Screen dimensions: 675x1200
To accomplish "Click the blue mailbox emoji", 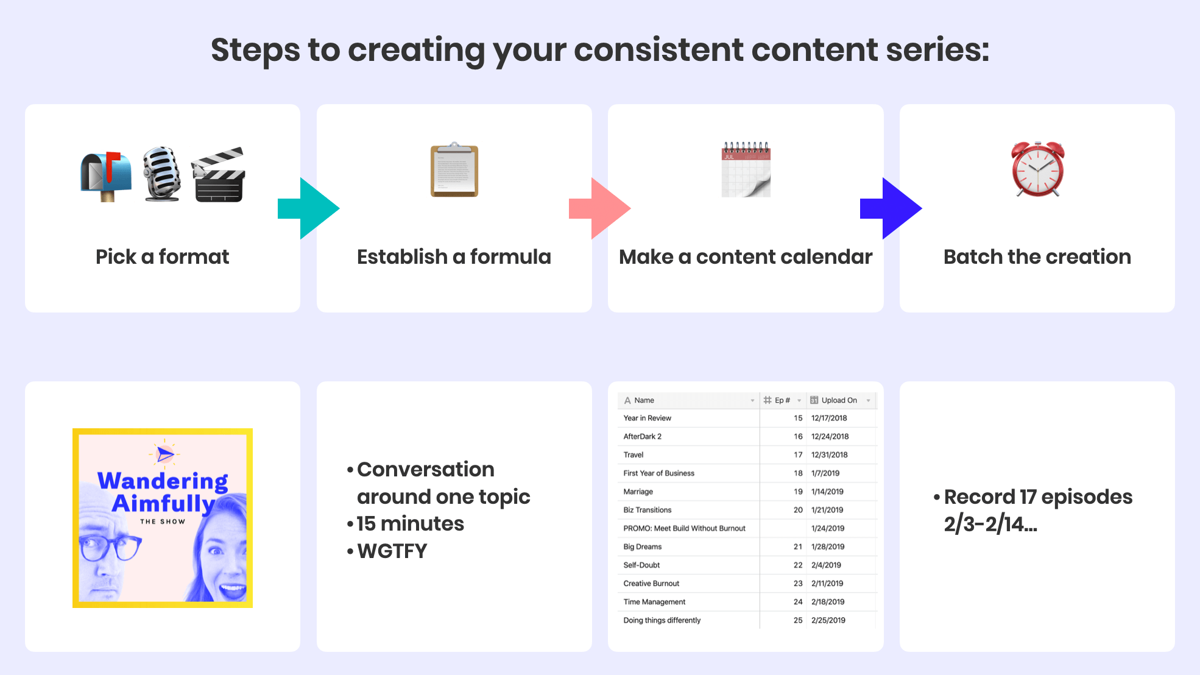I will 106,175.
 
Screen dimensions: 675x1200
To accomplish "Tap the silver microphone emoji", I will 161,174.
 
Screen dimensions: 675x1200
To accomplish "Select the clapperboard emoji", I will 219,175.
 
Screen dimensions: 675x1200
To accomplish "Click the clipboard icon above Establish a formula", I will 454,171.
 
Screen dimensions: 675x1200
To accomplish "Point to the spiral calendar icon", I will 746,170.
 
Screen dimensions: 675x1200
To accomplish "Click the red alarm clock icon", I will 1037,169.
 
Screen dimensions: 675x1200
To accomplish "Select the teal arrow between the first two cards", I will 308,208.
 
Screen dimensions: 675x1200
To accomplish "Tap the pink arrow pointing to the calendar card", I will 599,208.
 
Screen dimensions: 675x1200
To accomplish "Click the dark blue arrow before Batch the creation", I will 891,208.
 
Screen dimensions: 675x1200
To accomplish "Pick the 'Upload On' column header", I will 839,400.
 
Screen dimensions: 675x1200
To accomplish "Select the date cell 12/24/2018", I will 830,436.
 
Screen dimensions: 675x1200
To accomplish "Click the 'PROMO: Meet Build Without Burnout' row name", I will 684,528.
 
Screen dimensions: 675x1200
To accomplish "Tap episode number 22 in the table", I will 797,565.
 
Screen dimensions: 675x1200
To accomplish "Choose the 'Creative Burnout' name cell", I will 651,583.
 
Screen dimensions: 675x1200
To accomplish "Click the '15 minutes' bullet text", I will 410,524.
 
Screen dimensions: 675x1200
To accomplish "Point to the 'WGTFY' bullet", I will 392,551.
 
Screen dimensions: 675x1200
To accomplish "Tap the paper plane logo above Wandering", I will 164,453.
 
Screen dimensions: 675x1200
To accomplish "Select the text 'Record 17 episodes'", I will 1038,497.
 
